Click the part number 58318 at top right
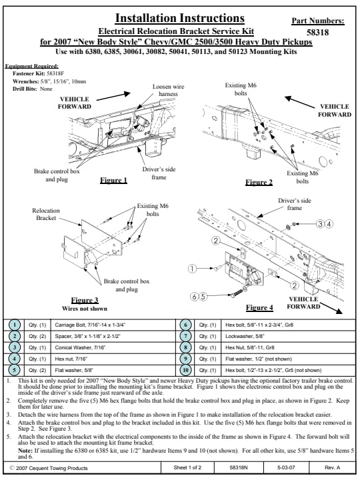click(317, 32)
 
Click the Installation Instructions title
click(180, 18)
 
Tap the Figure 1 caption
click(113, 180)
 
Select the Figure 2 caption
click(259, 183)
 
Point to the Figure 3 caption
click(85, 300)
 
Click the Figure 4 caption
click(259, 307)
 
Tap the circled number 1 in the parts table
click(15, 325)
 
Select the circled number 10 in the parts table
click(185, 370)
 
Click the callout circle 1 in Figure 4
click(192, 269)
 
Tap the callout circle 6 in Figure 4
click(195, 296)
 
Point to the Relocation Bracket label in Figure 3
click(46, 214)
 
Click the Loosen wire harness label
click(169, 90)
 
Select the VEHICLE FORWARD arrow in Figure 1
click(113, 96)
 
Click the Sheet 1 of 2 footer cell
click(187, 467)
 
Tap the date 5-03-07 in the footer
click(286, 467)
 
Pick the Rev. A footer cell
click(332, 467)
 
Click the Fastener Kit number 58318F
click(55, 73)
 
